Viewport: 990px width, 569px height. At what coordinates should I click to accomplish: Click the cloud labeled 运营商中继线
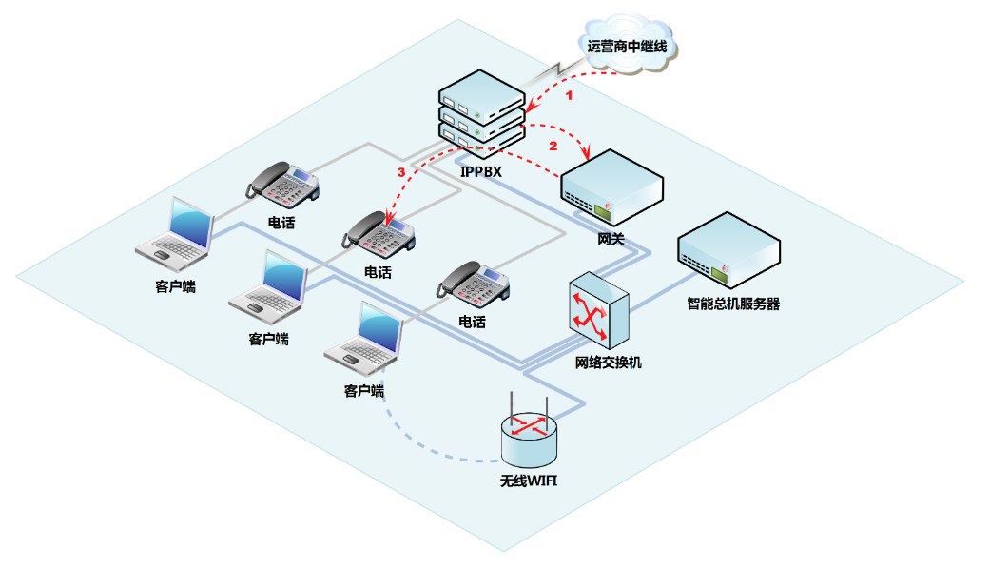pos(628,46)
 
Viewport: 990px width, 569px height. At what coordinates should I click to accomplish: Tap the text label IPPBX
pos(481,172)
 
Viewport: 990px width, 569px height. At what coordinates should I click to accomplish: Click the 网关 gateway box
pos(611,188)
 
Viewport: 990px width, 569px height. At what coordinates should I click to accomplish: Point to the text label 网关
pos(611,238)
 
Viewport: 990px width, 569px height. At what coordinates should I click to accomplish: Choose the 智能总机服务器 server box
pos(728,249)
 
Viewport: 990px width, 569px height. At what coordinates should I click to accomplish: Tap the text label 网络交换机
pos(609,363)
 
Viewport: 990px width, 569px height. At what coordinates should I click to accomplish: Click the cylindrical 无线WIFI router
pos(530,437)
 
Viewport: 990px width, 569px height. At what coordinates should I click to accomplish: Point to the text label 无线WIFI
pos(529,481)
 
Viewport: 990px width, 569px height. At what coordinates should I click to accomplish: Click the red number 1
pos(570,96)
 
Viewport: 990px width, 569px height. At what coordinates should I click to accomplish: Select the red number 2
pos(553,147)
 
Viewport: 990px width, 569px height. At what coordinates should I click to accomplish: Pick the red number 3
pos(401,172)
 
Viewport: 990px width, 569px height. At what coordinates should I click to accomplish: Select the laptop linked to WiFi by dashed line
pos(366,340)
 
